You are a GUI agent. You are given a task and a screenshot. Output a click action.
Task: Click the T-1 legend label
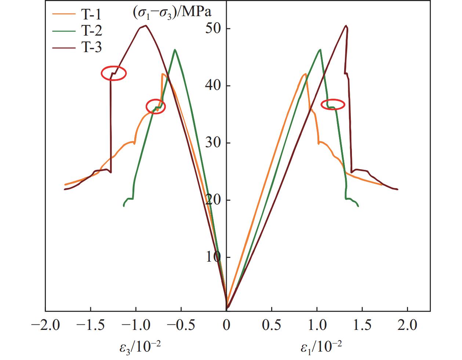pyautogui.click(x=91, y=15)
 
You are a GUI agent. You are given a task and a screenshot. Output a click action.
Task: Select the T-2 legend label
pyautogui.click(x=91, y=31)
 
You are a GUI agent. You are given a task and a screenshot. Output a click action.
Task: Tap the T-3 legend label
pyautogui.click(x=91, y=47)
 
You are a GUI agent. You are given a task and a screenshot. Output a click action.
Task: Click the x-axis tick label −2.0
pyautogui.click(x=46, y=325)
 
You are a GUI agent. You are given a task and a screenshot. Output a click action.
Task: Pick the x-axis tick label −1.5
pyautogui.click(x=90, y=325)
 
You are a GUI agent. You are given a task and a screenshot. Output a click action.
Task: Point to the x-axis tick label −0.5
pyautogui.click(x=181, y=325)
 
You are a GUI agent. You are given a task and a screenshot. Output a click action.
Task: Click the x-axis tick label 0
pyautogui.click(x=226, y=325)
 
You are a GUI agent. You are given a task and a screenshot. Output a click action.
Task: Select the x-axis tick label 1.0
pyautogui.click(x=317, y=325)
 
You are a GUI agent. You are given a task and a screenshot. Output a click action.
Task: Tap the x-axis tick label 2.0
pyautogui.click(x=407, y=325)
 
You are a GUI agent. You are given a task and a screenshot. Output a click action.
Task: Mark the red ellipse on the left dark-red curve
pyautogui.click(x=114, y=73)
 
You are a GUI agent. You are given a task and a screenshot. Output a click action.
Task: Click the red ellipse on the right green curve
pyautogui.click(x=333, y=105)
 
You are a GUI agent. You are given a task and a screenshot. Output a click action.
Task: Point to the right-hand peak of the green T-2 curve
pyautogui.click(x=320, y=50)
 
